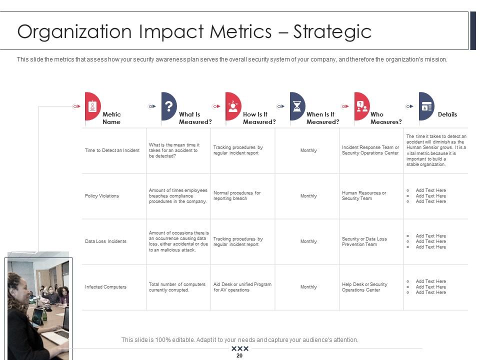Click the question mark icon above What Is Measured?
(169, 106)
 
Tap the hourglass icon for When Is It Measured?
(297, 106)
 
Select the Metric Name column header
(111, 118)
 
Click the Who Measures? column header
(386, 118)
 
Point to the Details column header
(447, 114)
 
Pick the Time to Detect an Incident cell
(112, 150)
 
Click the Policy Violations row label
(102, 196)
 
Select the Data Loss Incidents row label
(105, 241)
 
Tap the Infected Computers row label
(105, 287)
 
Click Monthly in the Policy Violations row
(308, 196)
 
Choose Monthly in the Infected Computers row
(308, 287)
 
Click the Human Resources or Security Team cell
(364, 195)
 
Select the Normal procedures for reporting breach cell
(237, 195)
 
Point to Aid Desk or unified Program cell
(242, 287)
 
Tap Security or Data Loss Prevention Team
(364, 241)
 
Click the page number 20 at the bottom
(239, 355)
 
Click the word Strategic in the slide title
(332, 31)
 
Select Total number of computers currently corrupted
(177, 287)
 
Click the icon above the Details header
(426, 106)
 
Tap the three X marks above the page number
(240, 348)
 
